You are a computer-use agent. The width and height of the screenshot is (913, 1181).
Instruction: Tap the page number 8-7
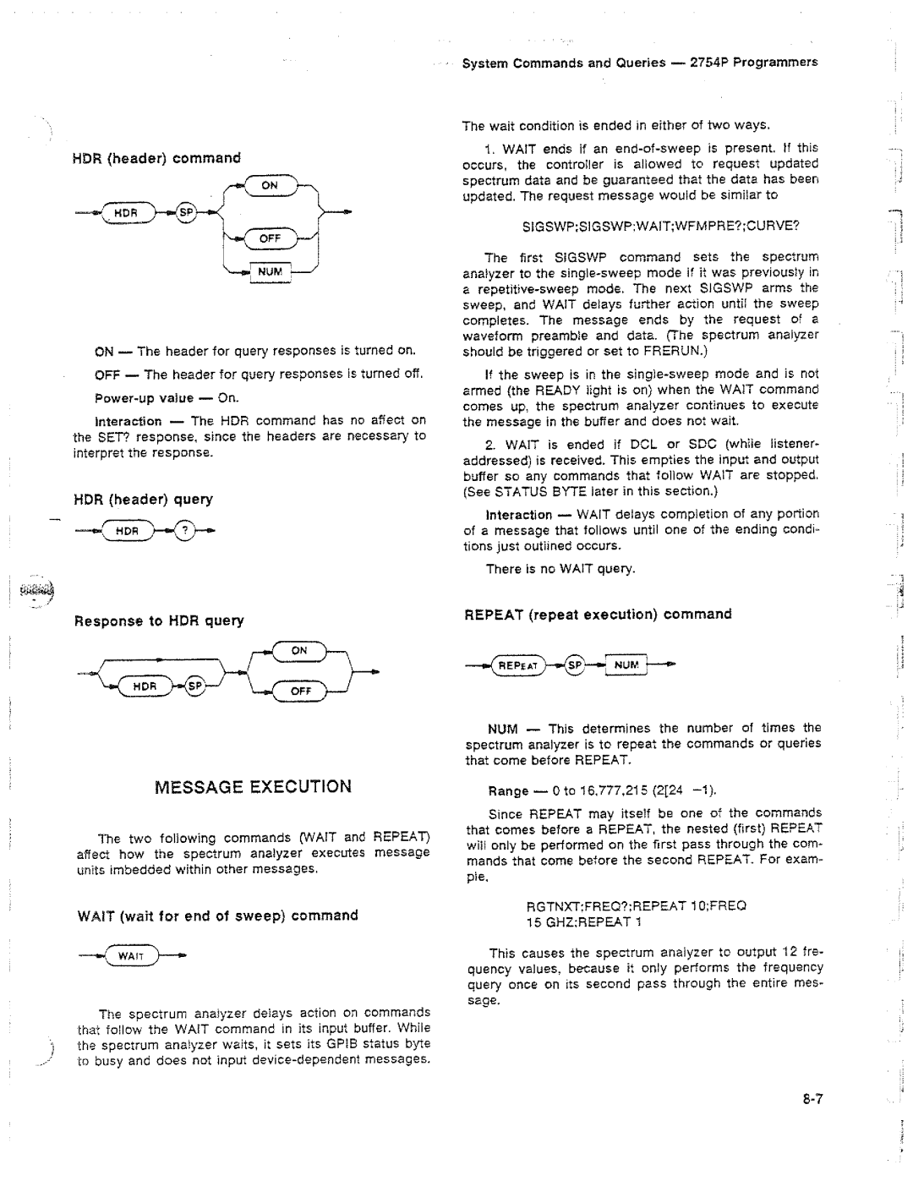point(813,1099)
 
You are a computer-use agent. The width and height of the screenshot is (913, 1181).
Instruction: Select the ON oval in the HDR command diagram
point(269,186)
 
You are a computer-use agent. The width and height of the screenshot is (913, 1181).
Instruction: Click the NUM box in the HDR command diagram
point(271,272)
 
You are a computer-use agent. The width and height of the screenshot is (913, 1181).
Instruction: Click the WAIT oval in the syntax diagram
point(130,956)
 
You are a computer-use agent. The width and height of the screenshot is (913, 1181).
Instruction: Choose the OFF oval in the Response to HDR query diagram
point(301,691)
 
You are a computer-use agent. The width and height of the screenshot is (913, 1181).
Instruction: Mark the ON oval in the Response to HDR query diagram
point(299,650)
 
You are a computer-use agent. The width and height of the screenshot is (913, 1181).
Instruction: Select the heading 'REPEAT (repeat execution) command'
point(598,614)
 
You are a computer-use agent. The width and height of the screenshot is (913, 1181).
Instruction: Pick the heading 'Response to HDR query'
point(159,621)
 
